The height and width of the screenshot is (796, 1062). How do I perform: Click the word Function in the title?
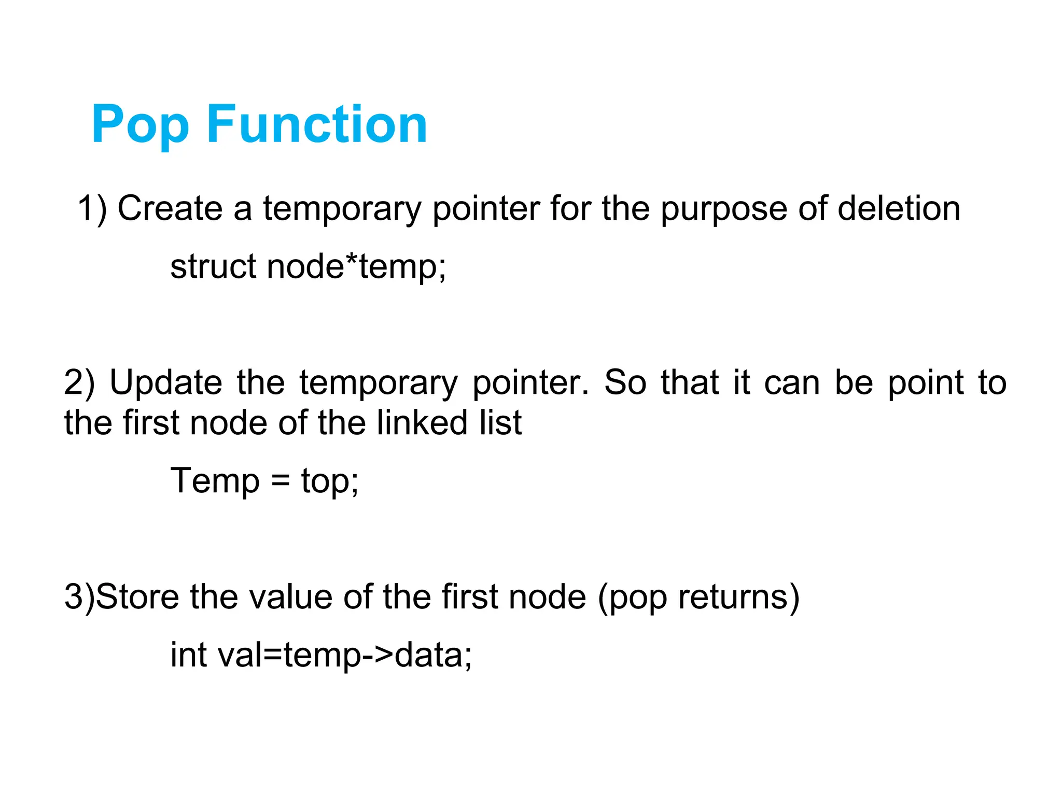pyautogui.click(x=317, y=124)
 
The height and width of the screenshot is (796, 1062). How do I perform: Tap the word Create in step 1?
pyautogui.click(x=170, y=209)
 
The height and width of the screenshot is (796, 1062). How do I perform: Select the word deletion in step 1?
pyautogui.click(x=899, y=209)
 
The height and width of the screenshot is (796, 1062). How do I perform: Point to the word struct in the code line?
pyautogui.click(x=213, y=267)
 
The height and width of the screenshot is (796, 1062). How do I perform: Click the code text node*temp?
pyautogui.click(x=357, y=267)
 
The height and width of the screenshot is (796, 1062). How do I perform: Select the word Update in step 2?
pyautogui.click(x=166, y=383)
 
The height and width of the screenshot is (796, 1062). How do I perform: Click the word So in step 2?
pyautogui.click(x=625, y=383)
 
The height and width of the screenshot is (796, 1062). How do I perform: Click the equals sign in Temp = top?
pyautogui.click(x=280, y=482)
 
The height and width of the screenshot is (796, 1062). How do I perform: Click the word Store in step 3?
pyautogui.click(x=137, y=597)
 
